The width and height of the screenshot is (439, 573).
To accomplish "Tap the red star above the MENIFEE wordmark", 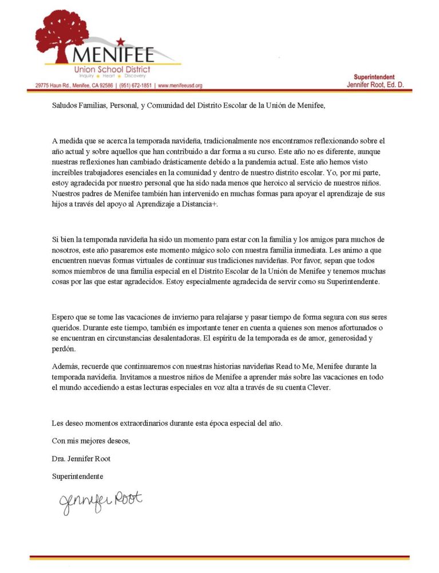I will pyautogui.click(x=121, y=41).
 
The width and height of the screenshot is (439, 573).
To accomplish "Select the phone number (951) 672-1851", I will pyautogui.click(x=136, y=85).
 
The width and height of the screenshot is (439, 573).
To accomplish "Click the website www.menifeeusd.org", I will pyautogui.click(x=180, y=85).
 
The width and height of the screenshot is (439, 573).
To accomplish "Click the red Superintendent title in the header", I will pyautogui.click(x=374, y=77).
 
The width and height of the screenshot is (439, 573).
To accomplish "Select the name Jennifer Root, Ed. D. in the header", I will pyautogui.click(x=375, y=85).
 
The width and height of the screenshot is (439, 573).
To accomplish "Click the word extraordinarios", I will pyautogui.click(x=145, y=423).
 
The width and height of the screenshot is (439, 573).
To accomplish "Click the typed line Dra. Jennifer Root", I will pyautogui.click(x=82, y=458).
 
